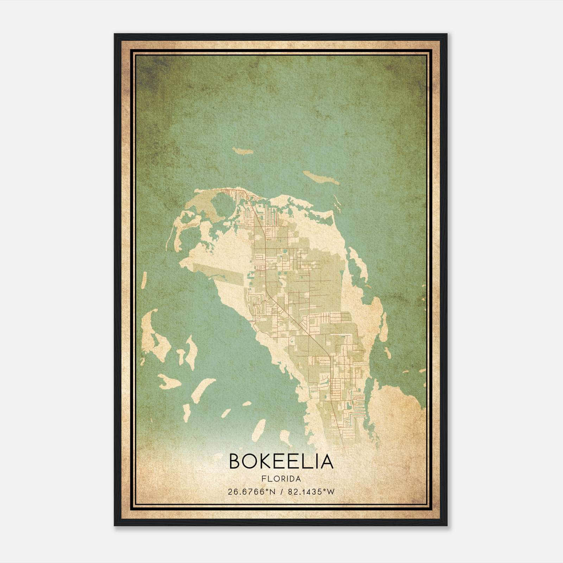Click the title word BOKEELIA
281,461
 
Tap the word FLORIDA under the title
281,479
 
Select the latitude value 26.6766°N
251,492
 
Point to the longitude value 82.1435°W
311,492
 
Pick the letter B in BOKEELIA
236,461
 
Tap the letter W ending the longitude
330,492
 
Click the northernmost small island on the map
243,151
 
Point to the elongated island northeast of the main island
321,178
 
